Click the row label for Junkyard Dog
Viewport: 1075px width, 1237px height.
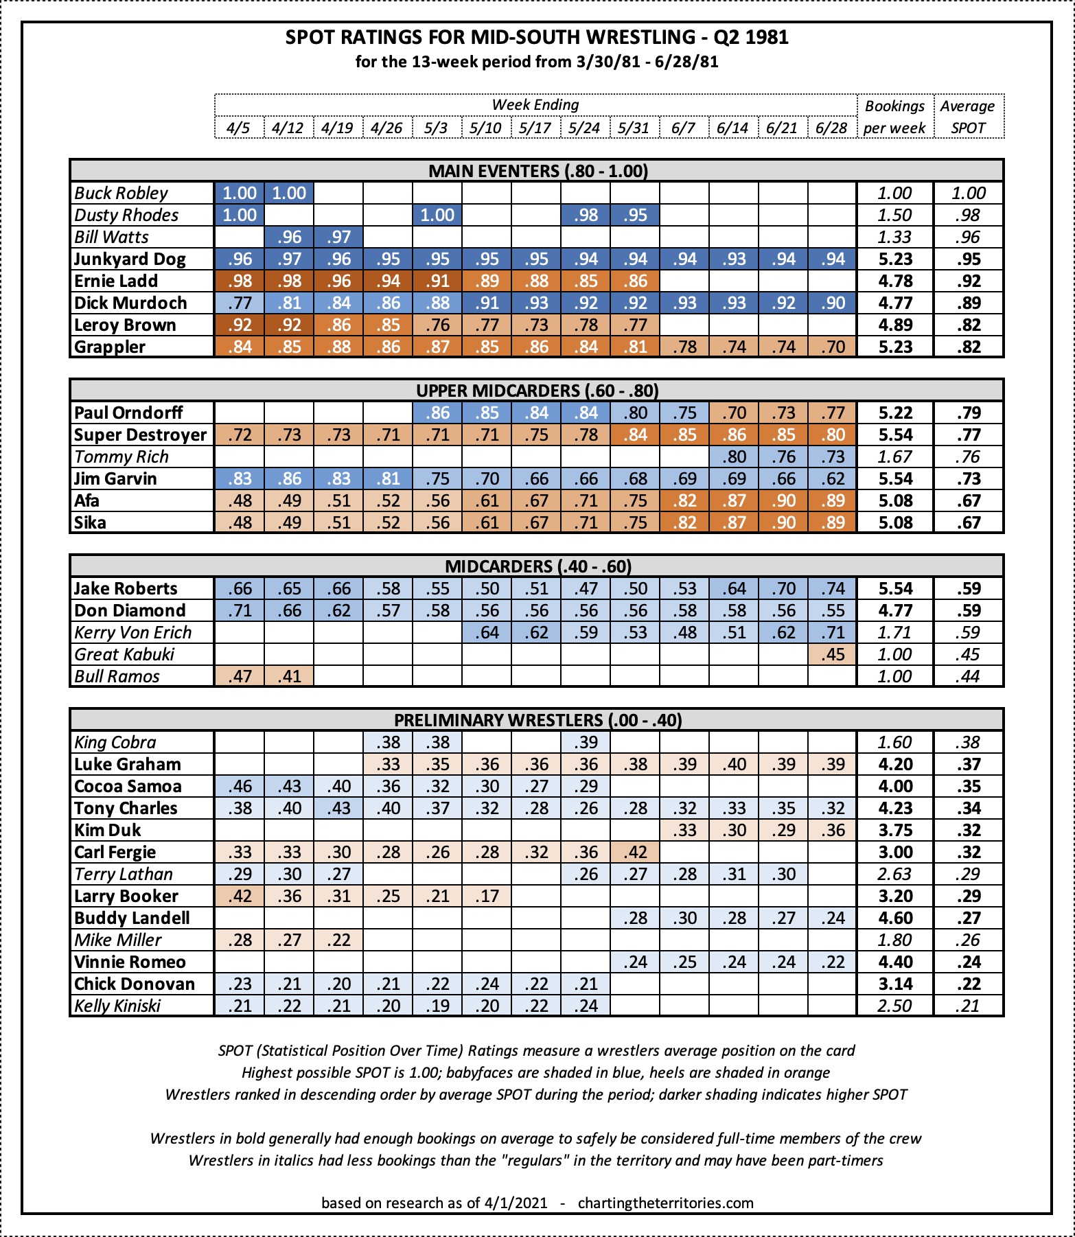tap(130, 259)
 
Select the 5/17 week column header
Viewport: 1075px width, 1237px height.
tap(535, 128)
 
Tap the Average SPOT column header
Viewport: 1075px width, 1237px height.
tap(968, 117)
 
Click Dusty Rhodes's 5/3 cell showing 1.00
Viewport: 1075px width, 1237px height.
tap(437, 215)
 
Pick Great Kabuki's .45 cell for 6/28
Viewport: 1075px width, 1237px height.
tap(832, 654)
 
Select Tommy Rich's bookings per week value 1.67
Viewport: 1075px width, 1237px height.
tap(895, 456)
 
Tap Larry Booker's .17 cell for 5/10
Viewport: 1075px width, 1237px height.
tap(486, 896)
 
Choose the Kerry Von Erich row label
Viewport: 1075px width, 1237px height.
tap(132, 632)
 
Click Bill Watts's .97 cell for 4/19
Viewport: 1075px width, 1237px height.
tap(338, 237)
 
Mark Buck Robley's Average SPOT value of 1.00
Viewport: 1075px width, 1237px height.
tap(968, 193)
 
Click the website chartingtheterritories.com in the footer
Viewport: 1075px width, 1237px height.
tap(665, 1203)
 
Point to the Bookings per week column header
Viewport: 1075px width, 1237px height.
tap(894, 117)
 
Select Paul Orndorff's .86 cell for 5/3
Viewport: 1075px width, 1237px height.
tap(437, 413)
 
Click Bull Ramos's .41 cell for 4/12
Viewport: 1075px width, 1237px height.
tap(289, 676)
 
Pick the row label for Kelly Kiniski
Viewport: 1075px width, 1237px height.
tap(117, 1006)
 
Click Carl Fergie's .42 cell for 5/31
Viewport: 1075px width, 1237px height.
tap(635, 852)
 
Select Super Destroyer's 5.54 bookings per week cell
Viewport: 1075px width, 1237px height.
tap(895, 435)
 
